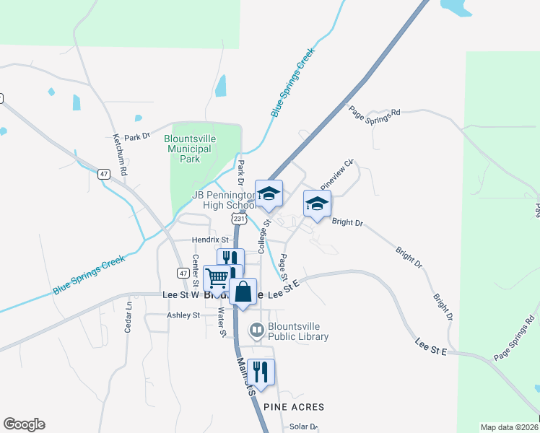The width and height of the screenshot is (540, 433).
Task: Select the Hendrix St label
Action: click(209, 240)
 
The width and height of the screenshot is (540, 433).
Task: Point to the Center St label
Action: click(195, 270)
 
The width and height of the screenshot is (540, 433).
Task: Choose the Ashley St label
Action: click(183, 315)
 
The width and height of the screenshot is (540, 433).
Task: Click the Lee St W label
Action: click(180, 295)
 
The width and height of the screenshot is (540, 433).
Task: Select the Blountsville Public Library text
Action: click(297, 331)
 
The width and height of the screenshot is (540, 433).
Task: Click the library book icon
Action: click(256, 331)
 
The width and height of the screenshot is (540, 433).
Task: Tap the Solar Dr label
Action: click(303, 427)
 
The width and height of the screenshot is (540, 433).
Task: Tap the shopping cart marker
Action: click(217, 277)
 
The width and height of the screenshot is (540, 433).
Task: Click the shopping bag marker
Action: click(243, 292)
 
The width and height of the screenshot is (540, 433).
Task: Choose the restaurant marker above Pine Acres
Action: click(261, 372)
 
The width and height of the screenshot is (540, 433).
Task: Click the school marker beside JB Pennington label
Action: click(269, 193)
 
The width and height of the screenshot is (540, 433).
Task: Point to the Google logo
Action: click(24, 424)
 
